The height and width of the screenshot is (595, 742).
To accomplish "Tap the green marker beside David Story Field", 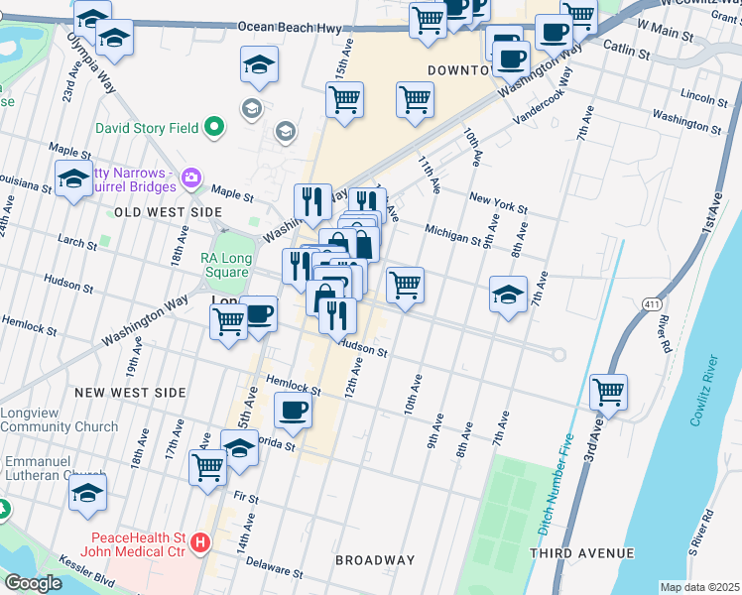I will pos(213,127).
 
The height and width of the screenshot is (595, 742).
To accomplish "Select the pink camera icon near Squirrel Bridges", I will pos(191,178).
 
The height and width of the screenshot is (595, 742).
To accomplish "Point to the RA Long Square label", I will pos(224,265).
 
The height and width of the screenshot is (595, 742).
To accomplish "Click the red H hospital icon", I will pos(201,543).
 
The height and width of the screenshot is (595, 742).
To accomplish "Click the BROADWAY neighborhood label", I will pos(375,560).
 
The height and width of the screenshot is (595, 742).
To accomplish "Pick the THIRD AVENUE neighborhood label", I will pos(582,552).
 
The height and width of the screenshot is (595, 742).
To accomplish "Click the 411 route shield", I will pos(652,302).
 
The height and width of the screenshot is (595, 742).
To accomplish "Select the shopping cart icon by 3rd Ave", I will pos(608,390).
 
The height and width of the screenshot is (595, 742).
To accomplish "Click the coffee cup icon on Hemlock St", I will pos(292,410).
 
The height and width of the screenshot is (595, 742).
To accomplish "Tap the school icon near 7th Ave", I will pos(508,294).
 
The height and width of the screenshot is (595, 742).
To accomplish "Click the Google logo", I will pos(33,583).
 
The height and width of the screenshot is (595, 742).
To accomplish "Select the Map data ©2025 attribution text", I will pos(699,587).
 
